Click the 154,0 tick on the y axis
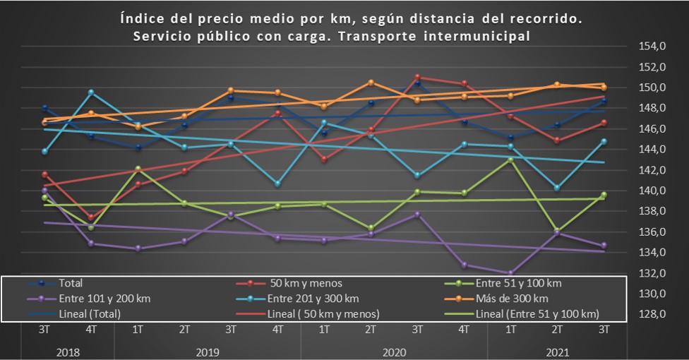[x=652, y=47]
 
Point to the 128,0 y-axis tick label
[x=652, y=314]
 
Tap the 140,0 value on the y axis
[x=652, y=191]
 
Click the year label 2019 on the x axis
[x=208, y=350]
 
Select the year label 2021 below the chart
[x=558, y=350]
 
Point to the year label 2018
[x=68, y=350]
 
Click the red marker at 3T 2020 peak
[x=418, y=77]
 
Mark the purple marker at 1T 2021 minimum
[x=510, y=273]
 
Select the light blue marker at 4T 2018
[x=91, y=92]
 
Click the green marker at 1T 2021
[x=510, y=160]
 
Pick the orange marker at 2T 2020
[x=371, y=83]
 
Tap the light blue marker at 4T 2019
[x=278, y=184]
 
